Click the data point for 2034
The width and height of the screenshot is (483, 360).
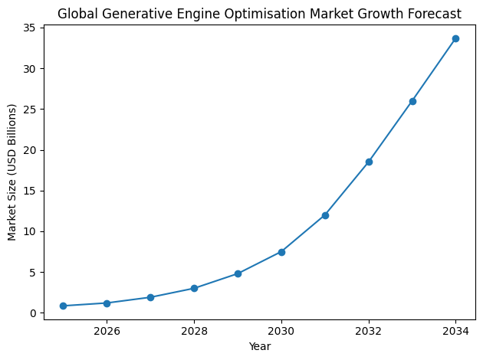click(455, 38)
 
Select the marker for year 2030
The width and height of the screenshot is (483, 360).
click(281, 252)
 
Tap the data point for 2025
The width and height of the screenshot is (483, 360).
click(63, 306)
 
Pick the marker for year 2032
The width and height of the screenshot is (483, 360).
click(369, 162)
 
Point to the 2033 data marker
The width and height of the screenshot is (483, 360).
click(412, 101)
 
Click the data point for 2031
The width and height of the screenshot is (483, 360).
click(325, 215)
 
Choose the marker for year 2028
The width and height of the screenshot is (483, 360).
click(194, 288)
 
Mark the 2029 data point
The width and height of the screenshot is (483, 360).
click(238, 273)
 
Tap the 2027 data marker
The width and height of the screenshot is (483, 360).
click(150, 297)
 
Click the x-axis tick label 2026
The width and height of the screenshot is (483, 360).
click(107, 331)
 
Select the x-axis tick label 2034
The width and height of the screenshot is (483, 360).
click(455, 331)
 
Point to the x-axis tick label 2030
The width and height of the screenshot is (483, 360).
click(281, 331)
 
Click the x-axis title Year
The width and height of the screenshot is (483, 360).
click(259, 346)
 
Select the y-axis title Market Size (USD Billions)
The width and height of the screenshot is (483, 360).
click(12, 172)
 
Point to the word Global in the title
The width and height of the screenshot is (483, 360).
click(76, 14)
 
